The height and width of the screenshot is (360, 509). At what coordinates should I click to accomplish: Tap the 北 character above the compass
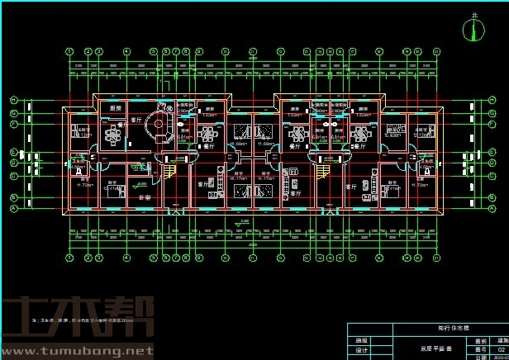pyautogui.click(x=473, y=15)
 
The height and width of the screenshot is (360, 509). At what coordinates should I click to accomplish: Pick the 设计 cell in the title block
pyautogui.click(x=361, y=350)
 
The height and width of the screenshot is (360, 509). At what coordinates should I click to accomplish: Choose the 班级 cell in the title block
pyautogui.click(x=361, y=339)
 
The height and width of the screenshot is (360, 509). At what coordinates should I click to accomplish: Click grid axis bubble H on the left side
pyautogui.click(x=14, y=101)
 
